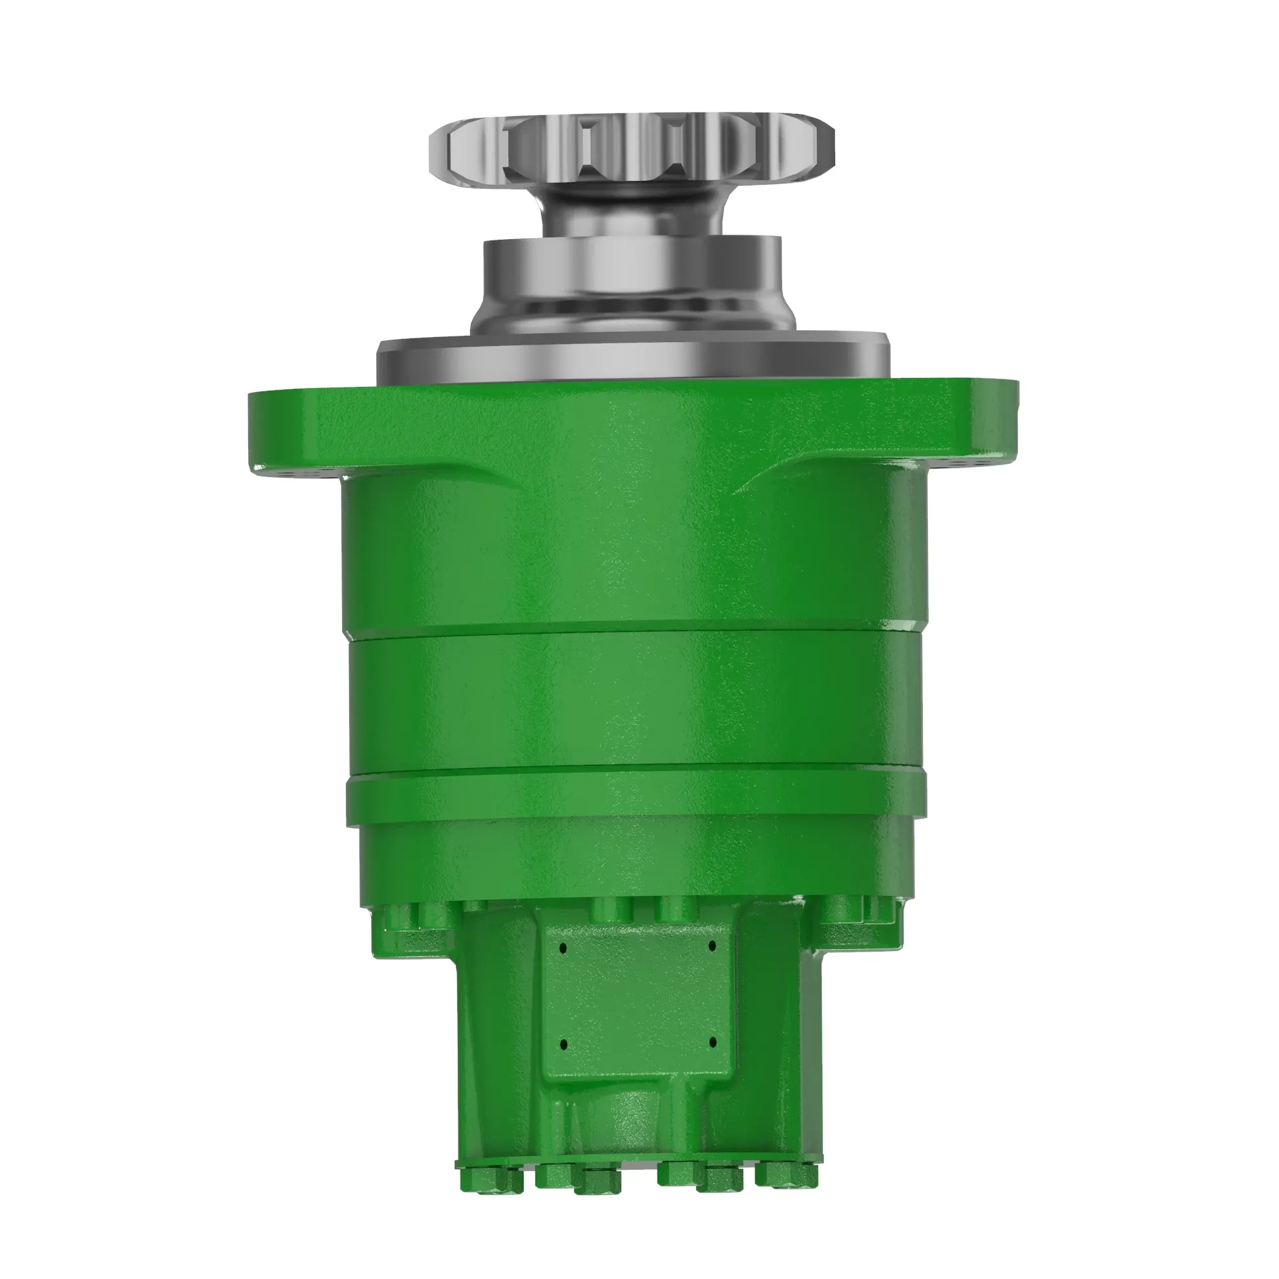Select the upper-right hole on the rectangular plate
coord(713,945)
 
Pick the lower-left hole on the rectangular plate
coord(563,1045)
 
